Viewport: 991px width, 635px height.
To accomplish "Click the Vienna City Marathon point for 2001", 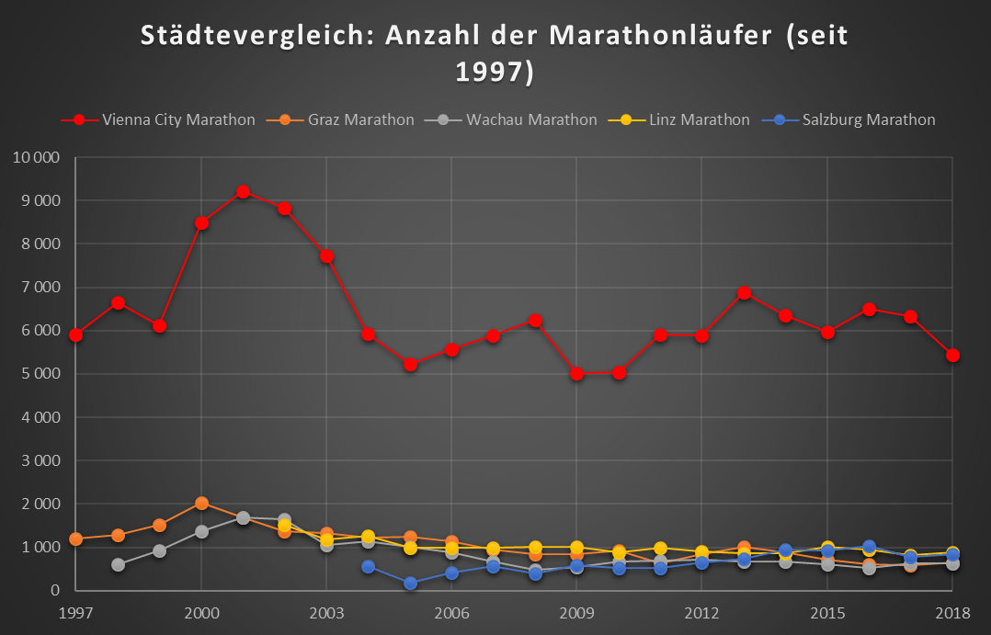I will (243, 192).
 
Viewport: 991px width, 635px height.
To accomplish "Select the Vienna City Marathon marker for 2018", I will (953, 356).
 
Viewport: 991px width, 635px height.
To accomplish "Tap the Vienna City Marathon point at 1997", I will (75, 335).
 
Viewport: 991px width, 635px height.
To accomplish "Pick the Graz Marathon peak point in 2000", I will (201, 504).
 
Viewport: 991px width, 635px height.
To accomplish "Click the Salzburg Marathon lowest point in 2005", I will (410, 583).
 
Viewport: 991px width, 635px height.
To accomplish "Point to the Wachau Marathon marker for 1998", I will (118, 564).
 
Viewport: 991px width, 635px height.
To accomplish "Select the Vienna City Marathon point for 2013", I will (744, 293).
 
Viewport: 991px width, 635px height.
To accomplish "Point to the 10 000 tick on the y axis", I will (37, 157).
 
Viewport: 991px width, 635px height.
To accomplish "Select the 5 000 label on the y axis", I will (40, 374).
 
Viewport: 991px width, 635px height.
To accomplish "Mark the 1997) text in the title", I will (495, 72).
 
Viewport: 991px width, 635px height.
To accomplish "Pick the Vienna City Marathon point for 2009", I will (576, 373).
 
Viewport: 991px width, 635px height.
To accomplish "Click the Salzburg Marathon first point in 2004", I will (368, 566).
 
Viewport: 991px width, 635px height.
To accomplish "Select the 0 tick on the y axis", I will (55, 591).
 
